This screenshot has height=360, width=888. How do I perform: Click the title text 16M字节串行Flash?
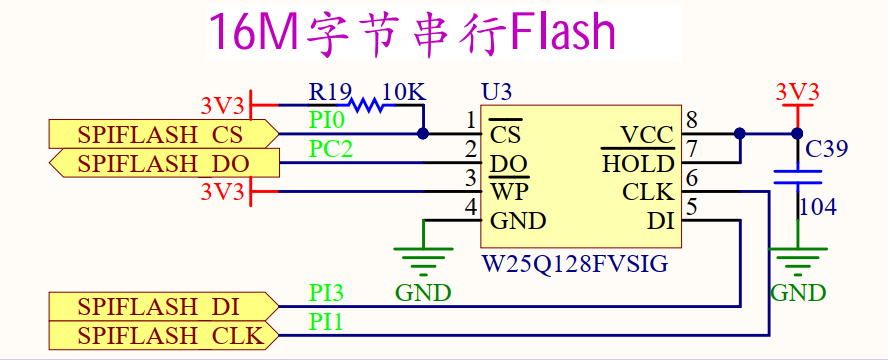tap(411, 32)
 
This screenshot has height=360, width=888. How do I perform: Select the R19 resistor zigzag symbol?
tap(367, 104)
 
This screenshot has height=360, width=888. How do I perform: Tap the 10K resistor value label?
tap(404, 92)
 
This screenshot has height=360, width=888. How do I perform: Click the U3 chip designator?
tap(497, 92)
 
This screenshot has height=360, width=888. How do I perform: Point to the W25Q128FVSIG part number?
tap(574, 266)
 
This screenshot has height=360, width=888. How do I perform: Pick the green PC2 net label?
tap(330, 150)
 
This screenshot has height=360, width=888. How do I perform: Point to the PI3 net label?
tap(326, 293)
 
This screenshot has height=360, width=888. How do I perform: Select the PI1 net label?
tap(326, 322)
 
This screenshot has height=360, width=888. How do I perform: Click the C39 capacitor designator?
tap(827, 149)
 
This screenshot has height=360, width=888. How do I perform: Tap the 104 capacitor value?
tap(817, 208)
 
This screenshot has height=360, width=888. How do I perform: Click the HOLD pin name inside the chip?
tap(638, 163)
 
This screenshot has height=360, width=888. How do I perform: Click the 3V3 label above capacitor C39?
tap(798, 92)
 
